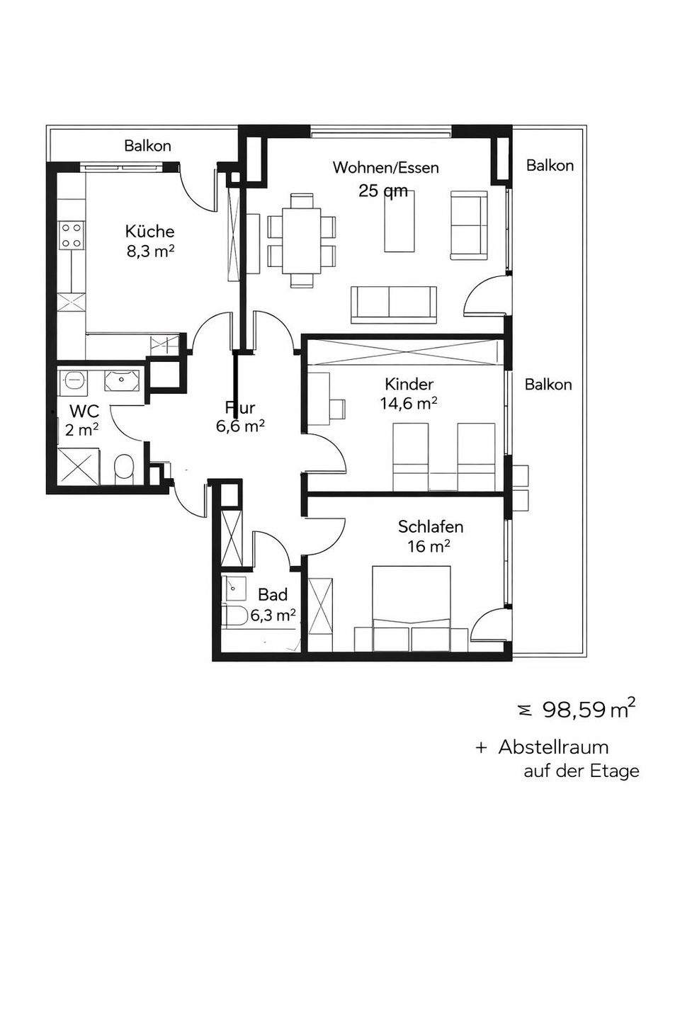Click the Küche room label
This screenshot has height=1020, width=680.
(x=150, y=232)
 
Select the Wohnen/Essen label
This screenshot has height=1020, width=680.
(x=386, y=168)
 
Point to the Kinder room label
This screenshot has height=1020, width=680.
(x=409, y=385)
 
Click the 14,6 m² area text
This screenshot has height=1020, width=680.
(x=409, y=404)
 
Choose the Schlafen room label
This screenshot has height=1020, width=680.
(x=431, y=527)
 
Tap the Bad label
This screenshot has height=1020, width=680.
(x=273, y=595)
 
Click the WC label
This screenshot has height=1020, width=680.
(x=84, y=411)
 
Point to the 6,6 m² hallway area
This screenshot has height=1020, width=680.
(x=241, y=426)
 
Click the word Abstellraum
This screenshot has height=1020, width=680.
(x=553, y=747)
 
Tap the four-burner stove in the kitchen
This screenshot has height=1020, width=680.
(x=72, y=235)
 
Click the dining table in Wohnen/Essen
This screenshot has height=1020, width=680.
(x=302, y=242)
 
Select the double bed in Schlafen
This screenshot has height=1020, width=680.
(x=412, y=609)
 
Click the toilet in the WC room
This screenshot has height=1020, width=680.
(x=123, y=470)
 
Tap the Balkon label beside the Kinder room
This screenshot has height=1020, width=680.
(x=548, y=385)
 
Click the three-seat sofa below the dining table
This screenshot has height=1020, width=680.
(x=394, y=305)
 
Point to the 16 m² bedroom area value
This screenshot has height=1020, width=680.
(x=429, y=546)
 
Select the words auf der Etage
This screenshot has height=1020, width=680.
(x=581, y=771)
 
